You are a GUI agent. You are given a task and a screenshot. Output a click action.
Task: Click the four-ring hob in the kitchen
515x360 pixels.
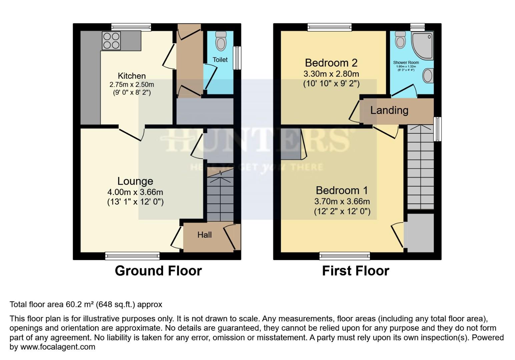click(111, 41)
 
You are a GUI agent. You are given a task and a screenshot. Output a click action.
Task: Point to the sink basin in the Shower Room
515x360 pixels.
click(428, 76)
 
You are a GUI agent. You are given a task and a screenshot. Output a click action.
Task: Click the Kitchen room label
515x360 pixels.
click(132, 76)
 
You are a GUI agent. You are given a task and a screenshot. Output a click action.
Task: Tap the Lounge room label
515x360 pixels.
click(135, 181)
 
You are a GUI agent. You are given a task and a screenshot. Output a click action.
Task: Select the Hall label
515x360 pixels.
click(204, 235)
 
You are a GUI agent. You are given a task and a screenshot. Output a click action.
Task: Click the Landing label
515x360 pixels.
click(389, 110)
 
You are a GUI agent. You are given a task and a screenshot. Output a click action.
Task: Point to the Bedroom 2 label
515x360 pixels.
click(331, 63)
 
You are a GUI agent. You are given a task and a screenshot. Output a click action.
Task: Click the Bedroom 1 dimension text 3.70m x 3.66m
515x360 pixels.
click(342, 201)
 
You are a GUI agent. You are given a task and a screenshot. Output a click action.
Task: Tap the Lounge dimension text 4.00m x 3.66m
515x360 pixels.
click(135, 192)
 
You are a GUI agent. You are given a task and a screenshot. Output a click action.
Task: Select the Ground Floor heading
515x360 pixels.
click(158, 271)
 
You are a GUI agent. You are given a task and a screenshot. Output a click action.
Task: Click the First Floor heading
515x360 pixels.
click(356, 271)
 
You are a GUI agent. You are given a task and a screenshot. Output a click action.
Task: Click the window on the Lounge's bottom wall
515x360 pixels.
click(132, 256)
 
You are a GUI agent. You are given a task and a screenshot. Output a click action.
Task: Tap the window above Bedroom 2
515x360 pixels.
click(330, 27)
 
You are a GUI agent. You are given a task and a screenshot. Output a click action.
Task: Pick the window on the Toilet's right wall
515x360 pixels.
click(237, 58)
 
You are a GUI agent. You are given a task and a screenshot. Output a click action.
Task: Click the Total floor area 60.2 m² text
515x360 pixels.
click(86, 304)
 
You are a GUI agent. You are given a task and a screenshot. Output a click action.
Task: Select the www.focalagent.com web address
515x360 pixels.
click(58, 347)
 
